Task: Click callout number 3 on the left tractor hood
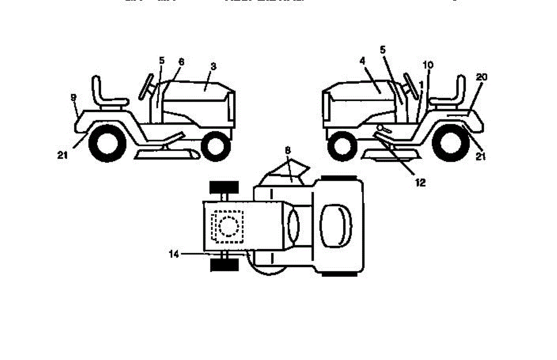click(x=213, y=67)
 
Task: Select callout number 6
click(x=181, y=61)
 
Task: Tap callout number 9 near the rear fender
click(x=73, y=97)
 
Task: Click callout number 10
click(x=428, y=65)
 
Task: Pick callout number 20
click(x=481, y=77)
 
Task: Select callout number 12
click(x=420, y=183)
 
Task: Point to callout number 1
click(x=421, y=85)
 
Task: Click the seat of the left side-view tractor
click(x=107, y=95)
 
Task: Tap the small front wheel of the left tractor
click(x=215, y=145)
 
